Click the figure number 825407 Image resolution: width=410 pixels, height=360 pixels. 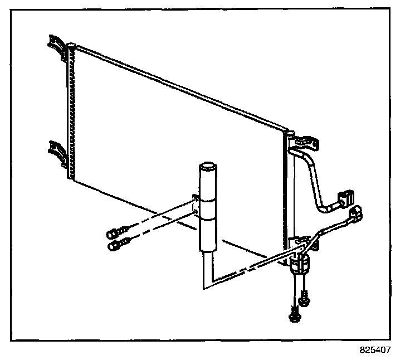click(x=375, y=351)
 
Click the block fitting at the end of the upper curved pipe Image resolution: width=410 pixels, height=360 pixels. click(x=345, y=197)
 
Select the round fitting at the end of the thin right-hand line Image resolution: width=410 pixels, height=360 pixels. click(x=356, y=214)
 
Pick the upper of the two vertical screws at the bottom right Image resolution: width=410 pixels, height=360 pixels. click(x=304, y=299)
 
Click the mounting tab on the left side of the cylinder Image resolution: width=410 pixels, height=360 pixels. click(x=195, y=204)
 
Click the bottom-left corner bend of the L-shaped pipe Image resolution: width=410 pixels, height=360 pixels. click(x=204, y=287)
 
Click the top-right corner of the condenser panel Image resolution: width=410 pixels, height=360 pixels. click(x=288, y=132)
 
